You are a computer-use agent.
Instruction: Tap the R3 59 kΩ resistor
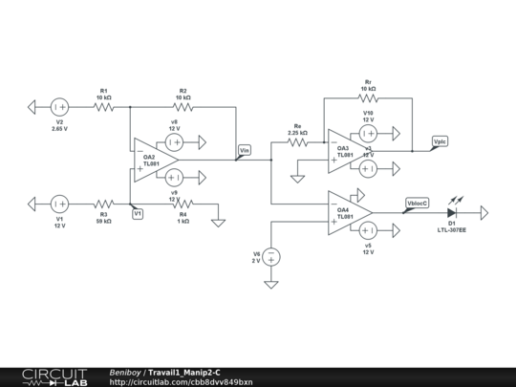pyautogui.click(x=103, y=204)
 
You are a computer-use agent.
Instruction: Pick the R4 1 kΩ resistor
pyautogui.click(x=183, y=204)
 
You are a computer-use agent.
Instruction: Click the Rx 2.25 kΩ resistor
pyautogui.click(x=298, y=142)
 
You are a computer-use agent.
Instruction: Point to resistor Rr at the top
pyautogui.click(x=368, y=97)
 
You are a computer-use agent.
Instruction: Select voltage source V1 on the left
pyautogui.click(x=59, y=204)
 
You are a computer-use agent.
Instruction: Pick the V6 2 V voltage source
pyautogui.click(x=271, y=257)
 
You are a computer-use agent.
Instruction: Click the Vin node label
pyautogui.click(x=244, y=150)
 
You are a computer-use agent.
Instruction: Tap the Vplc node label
pyautogui.click(x=439, y=141)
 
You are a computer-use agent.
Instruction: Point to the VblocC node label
pyautogui.click(x=417, y=203)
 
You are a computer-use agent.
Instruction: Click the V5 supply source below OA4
pyautogui.click(x=367, y=229)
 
